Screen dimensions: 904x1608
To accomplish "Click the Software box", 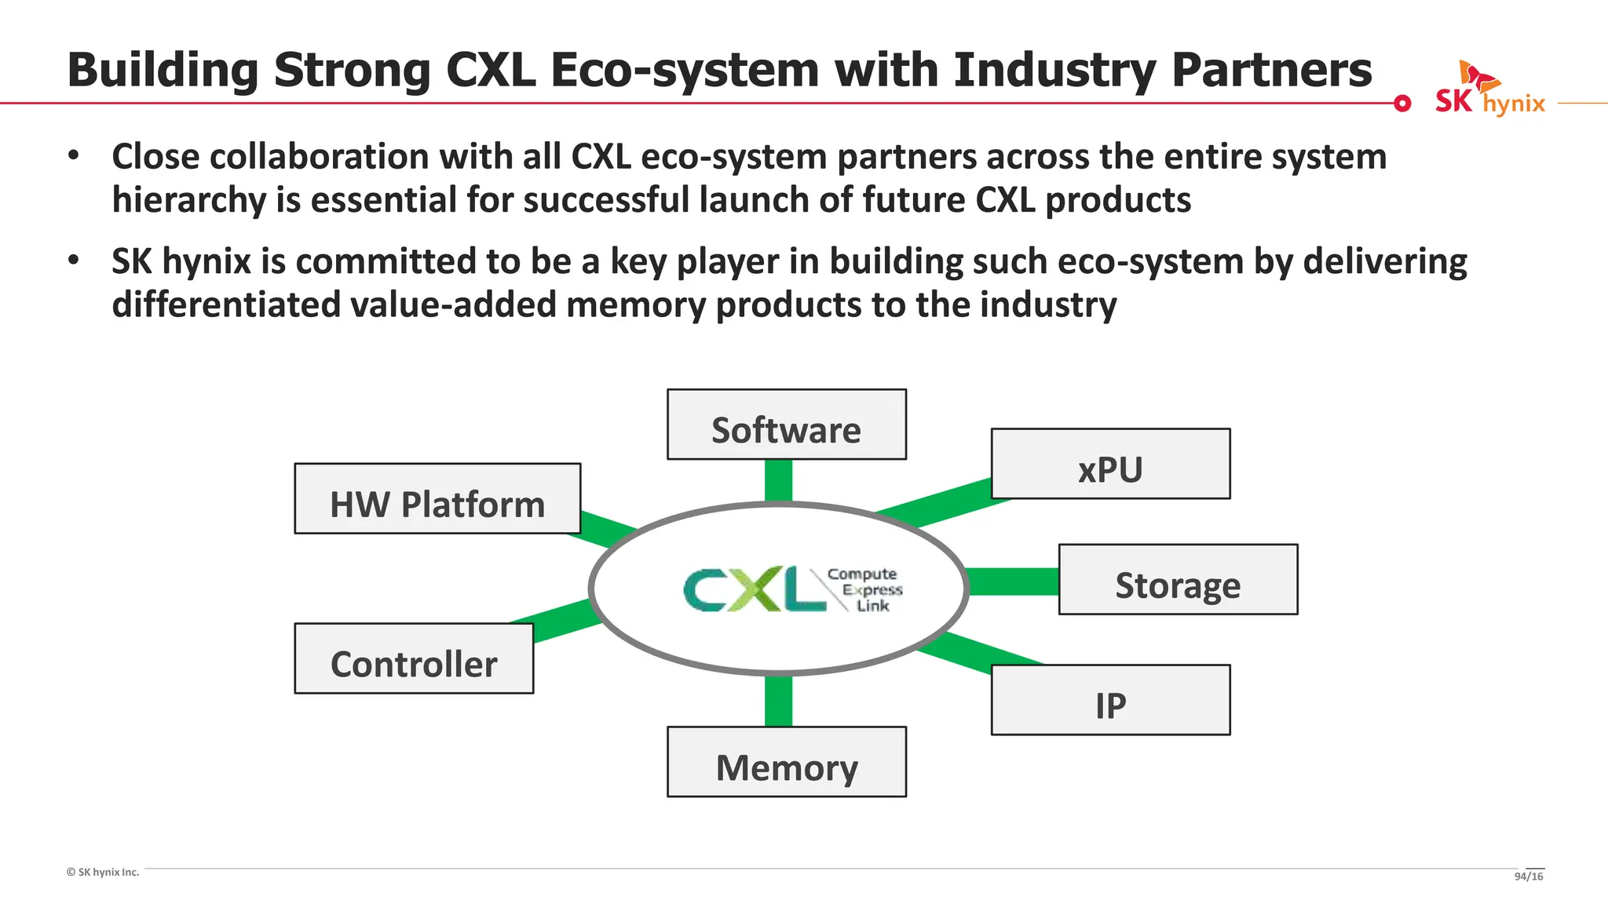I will pyautogui.click(x=786, y=425).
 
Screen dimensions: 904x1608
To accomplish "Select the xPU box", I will pyautogui.click(x=1110, y=464).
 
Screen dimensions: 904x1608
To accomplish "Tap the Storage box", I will pyautogui.click(x=1178, y=579).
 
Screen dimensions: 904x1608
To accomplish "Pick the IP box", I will pyautogui.click(x=1110, y=700).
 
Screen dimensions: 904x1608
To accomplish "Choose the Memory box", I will pyautogui.click(x=786, y=762).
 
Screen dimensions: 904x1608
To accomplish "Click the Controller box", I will pyautogui.click(x=414, y=658).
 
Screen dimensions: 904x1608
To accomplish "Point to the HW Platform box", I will pyautogui.click(x=437, y=498).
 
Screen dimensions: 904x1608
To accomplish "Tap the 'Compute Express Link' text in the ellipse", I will pyautogui.click(x=865, y=589).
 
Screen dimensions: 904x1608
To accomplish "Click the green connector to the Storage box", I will pyautogui.click(x=1013, y=581).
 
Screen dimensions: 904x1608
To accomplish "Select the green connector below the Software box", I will pyautogui.click(x=778, y=480).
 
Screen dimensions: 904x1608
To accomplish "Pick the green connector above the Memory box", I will pyautogui.click(x=778, y=700).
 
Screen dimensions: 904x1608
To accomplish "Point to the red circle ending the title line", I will pyautogui.click(x=1402, y=103).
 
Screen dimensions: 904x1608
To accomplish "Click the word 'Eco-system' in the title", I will pyautogui.click(x=684, y=71).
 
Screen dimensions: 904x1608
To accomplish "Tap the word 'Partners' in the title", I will pyautogui.click(x=1271, y=71).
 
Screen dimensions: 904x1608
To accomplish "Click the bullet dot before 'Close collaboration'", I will pyautogui.click(x=74, y=155).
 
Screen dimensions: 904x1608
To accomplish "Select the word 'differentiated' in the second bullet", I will pyautogui.click(x=225, y=304).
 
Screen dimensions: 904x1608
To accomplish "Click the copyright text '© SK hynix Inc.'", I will pyautogui.click(x=103, y=872).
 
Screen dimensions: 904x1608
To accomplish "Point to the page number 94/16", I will pyautogui.click(x=1528, y=876).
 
